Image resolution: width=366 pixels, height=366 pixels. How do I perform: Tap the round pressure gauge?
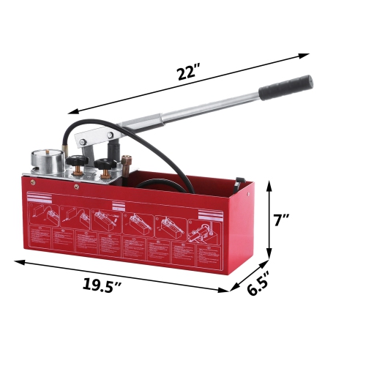(x=43, y=162)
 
